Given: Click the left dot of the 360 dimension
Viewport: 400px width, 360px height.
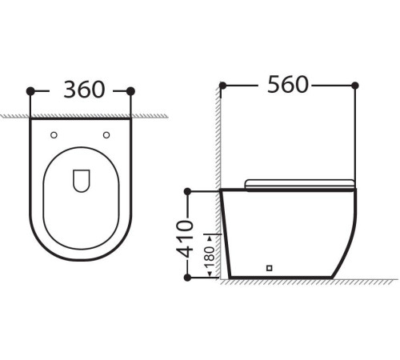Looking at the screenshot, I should tap(30, 90).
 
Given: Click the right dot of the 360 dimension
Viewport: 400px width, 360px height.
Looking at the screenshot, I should tap(130, 90).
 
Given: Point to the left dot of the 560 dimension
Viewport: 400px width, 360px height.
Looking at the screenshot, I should tap(222, 85).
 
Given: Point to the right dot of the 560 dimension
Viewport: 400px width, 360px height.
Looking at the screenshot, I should tap(354, 85).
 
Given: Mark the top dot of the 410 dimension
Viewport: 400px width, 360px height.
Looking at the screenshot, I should tap(187, 191).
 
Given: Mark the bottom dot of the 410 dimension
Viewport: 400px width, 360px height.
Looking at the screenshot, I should tap(187, 278).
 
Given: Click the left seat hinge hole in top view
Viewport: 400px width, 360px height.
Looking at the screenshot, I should tap(54, 135).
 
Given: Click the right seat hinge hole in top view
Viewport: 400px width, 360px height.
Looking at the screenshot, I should tap(106, 135).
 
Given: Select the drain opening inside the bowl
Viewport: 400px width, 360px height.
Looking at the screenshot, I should tap(80, 182).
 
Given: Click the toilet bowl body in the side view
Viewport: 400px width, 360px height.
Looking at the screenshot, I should tap(288, 232).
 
